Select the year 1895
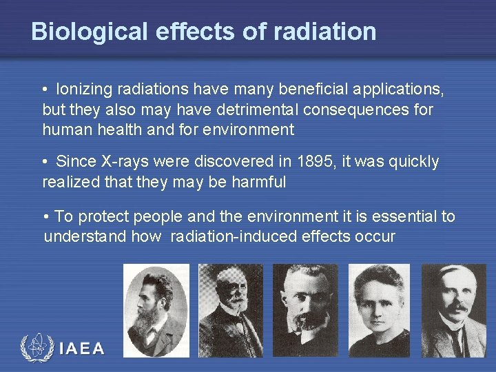point(316,162)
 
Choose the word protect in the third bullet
point(105,217)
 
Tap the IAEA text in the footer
point(82,349)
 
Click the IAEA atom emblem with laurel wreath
point(37,348)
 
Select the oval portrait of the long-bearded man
point(156,310)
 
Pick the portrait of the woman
point(380,310)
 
